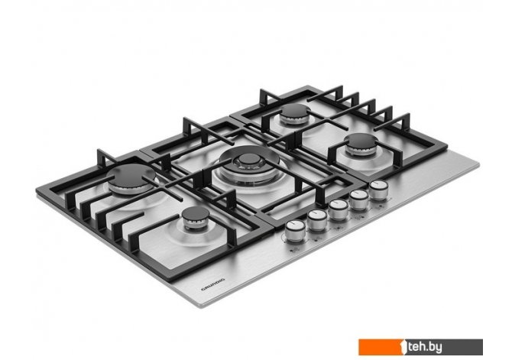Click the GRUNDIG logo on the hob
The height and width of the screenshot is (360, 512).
pos(212,284)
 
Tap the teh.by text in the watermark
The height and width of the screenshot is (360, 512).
pos(425,346)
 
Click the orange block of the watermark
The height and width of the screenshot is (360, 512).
pos(381,347)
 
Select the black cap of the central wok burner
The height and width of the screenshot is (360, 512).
pos(249,159)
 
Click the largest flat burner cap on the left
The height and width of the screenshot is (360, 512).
pos(131,176)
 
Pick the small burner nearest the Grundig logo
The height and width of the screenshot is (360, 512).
pos(196,214)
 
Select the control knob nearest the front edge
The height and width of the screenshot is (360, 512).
pos(295,230)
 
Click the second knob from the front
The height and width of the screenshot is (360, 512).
pos(317,219)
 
